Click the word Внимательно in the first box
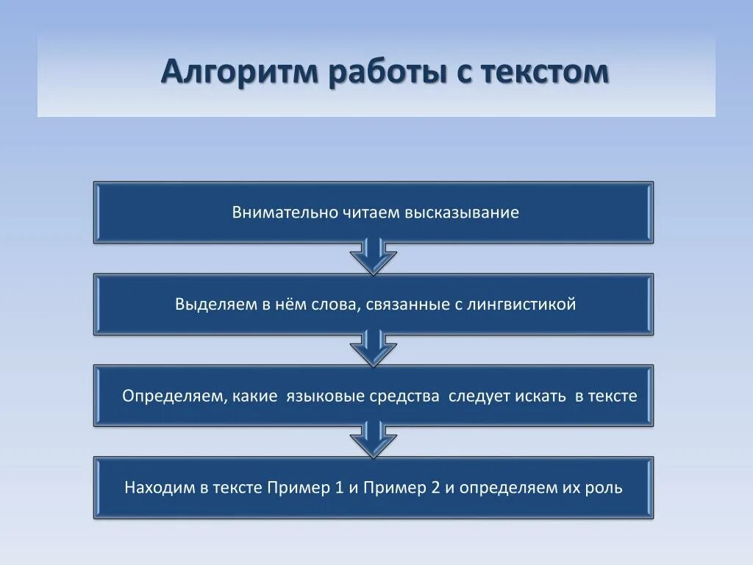[285, 213]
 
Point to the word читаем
[370, 213]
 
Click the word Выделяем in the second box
[213, 304]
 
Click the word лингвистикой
[521, 304]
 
